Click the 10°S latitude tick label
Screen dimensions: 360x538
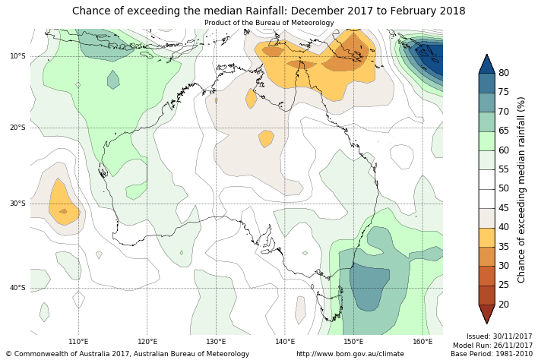coord(17,56)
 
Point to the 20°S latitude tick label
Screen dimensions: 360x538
coord(17,128)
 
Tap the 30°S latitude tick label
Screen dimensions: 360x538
coord(17,204)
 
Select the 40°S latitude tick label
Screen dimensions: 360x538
coord(17,288)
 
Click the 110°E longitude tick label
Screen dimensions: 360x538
coord(78,342)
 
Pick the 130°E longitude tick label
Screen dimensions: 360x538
coord(216,342)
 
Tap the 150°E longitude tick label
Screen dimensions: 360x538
coord(353,342)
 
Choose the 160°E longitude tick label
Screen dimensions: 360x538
coord(422,342)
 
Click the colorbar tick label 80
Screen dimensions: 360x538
coord(504,73)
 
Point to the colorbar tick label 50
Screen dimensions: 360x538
coord(504,188)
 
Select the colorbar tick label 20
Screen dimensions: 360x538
coord(504,305)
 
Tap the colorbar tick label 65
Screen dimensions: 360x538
coord(504,131)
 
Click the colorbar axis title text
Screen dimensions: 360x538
coord(521,189)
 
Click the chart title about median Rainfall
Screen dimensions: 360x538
coord(268,11)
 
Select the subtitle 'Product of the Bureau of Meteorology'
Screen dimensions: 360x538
coord(268,23)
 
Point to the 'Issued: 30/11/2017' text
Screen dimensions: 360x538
coord(499,336)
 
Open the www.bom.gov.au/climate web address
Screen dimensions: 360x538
coord(350,354)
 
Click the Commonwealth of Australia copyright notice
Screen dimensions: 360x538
coord(128,354)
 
